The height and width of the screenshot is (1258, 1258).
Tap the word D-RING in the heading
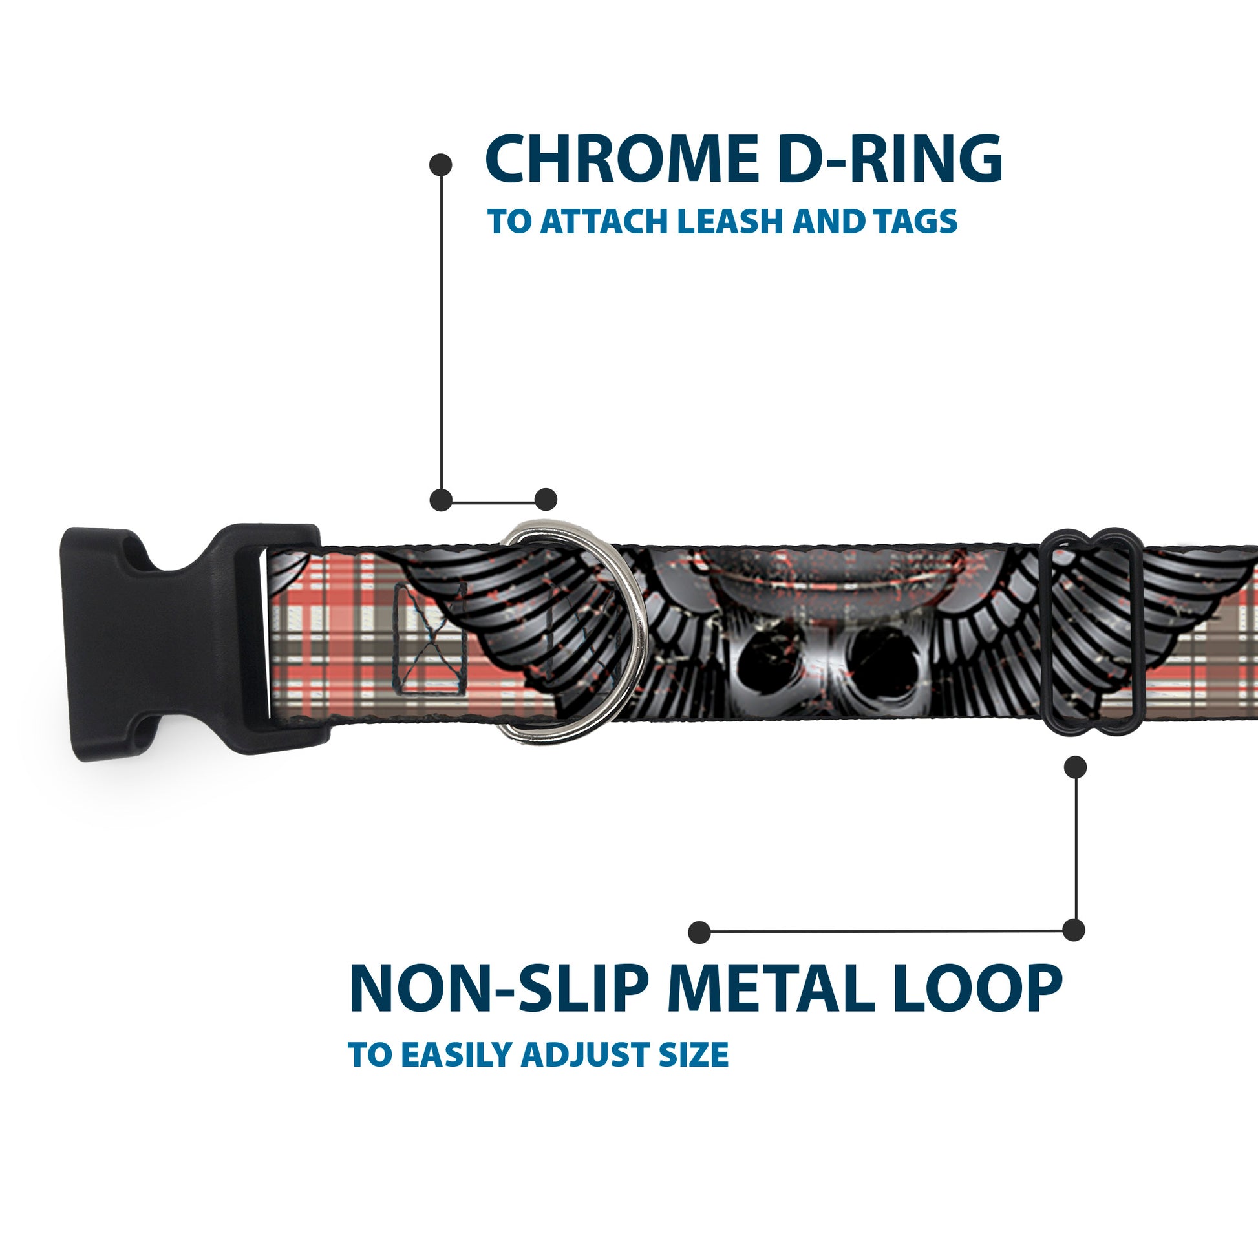coord(890,160)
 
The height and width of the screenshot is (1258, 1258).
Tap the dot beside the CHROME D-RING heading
coord(441,164)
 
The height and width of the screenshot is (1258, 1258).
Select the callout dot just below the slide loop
coord(1075,767)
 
